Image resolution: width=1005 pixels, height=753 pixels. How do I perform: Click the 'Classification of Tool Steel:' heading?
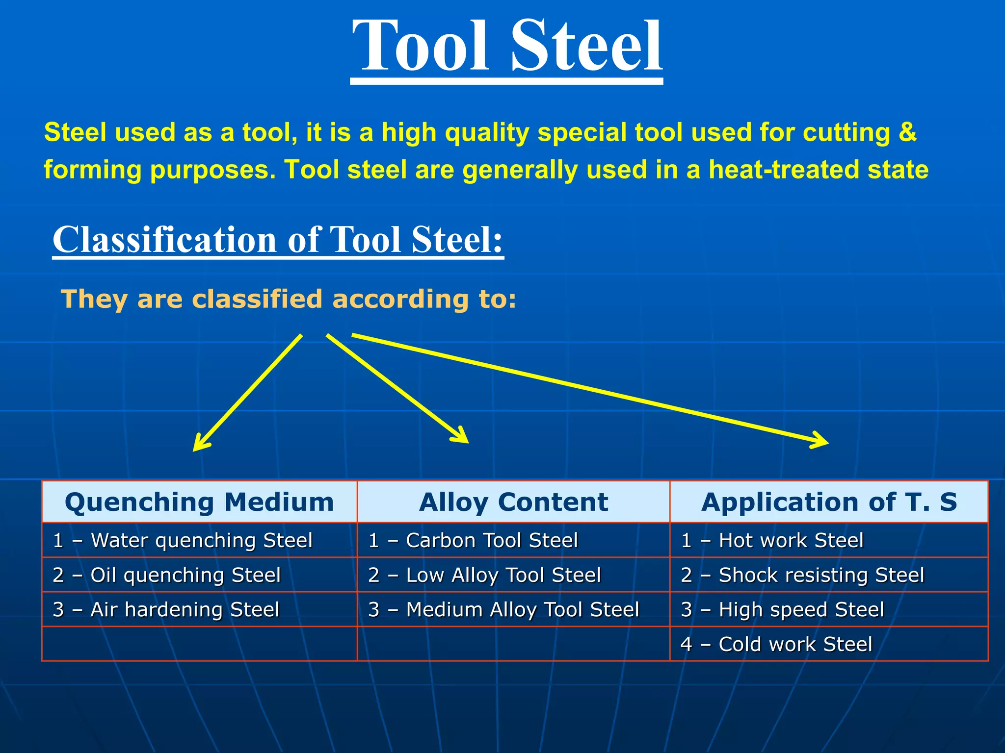coord(278,240)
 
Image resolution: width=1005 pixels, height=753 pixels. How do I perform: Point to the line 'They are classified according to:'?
coord(288,299)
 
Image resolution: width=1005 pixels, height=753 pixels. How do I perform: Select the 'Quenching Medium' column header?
coord(199,502)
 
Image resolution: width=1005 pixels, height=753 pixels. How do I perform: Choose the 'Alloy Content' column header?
coord(513,502)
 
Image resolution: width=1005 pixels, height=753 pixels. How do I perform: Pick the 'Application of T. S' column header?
coord(829,502)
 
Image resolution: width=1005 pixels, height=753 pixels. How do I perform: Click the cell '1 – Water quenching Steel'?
coord(183,540)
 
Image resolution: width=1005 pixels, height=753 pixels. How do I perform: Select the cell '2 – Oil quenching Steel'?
coord(167,575)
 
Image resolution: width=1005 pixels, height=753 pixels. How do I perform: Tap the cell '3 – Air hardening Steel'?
coord(166,610)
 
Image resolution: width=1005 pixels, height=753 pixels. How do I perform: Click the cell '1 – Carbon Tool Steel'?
coord(473,540)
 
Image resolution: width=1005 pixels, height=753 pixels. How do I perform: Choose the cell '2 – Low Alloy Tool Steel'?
coord(484,575)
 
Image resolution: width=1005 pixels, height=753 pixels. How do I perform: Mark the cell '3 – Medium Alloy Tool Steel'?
coord(503,610)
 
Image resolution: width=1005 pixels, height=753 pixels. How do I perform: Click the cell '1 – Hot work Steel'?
coord(772,540)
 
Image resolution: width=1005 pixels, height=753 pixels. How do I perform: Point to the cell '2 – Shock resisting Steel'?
coord(802,575)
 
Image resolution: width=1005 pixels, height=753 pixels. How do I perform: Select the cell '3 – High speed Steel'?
coord(782,610)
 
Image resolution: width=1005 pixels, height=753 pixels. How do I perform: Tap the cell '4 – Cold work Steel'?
coord(776,644)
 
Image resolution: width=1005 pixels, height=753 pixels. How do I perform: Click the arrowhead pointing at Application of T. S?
coord(822,441)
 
